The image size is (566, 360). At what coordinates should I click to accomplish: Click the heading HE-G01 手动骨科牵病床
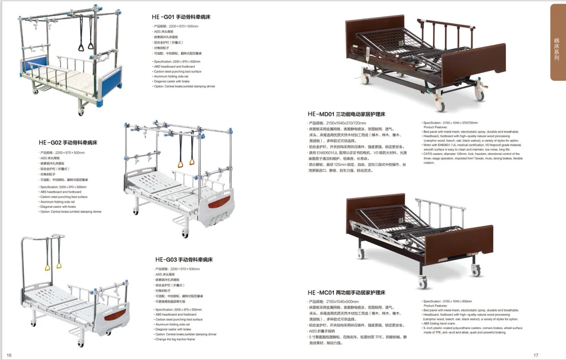point(181,17)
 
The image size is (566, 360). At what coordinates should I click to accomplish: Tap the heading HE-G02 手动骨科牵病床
point(68,143)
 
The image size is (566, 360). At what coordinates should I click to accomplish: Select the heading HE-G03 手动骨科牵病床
point(184,259)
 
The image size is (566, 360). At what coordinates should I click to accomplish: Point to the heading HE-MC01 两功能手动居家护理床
point(346,292)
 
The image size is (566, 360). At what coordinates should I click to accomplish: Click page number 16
point(9,355)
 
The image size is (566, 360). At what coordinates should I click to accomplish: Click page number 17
point(536,355)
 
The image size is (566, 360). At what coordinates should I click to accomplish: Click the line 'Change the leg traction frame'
point(175,340)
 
